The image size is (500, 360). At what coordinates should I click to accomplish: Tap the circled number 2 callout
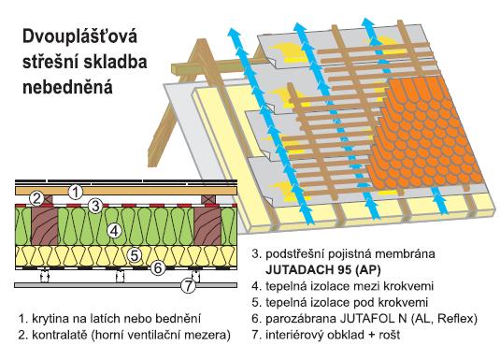pos(36,198)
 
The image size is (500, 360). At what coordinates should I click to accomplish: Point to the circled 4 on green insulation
pos(112,229)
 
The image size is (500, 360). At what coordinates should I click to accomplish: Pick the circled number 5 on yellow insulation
pos(135,254)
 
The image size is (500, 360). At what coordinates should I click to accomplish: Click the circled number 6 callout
pos(158,267)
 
